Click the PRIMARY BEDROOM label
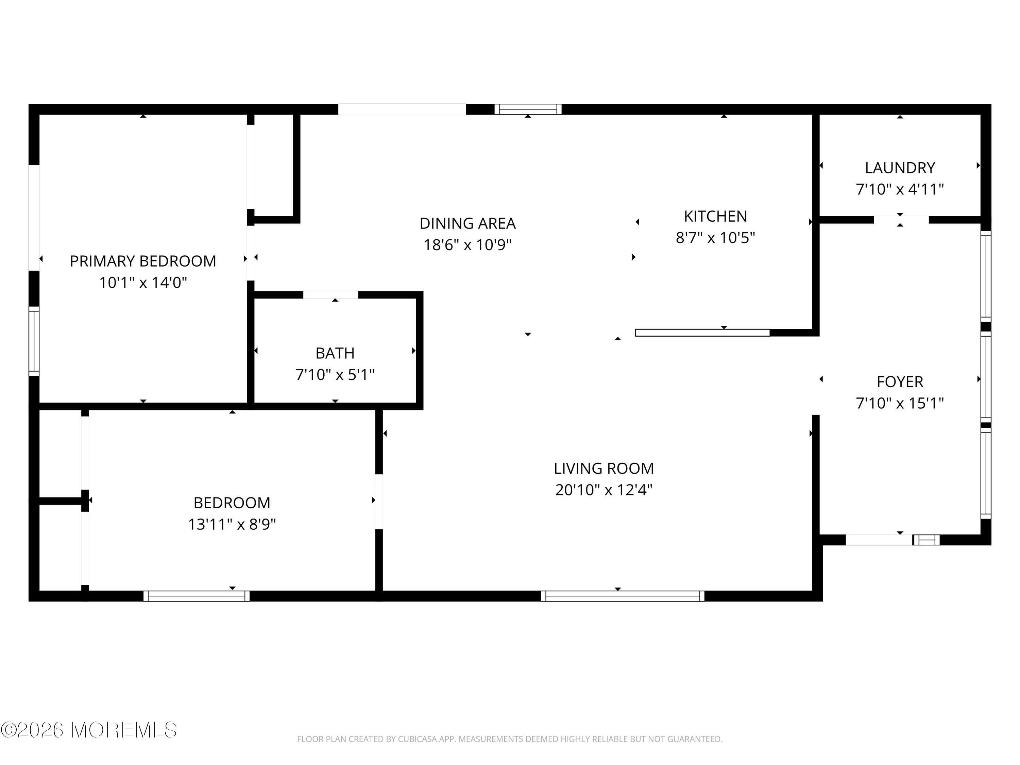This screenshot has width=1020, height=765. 143,261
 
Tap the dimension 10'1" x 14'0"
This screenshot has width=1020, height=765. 143,282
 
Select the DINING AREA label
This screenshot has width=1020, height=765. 468,223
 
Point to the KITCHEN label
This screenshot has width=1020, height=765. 715,216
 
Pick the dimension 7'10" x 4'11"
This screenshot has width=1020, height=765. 900,189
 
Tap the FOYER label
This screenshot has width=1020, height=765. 900,382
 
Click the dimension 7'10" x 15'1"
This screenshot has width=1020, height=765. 900,403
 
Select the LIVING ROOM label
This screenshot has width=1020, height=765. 603,468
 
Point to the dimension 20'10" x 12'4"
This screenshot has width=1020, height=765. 603,489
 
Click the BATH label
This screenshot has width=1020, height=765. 335,353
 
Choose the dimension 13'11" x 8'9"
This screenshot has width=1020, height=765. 232,524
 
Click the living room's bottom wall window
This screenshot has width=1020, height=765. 623,596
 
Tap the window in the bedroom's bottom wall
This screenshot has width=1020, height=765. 197,596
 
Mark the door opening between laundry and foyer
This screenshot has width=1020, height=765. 901,220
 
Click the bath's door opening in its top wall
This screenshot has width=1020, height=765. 330,295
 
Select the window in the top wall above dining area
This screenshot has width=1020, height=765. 528,109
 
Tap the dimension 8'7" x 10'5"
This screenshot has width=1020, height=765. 715,237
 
